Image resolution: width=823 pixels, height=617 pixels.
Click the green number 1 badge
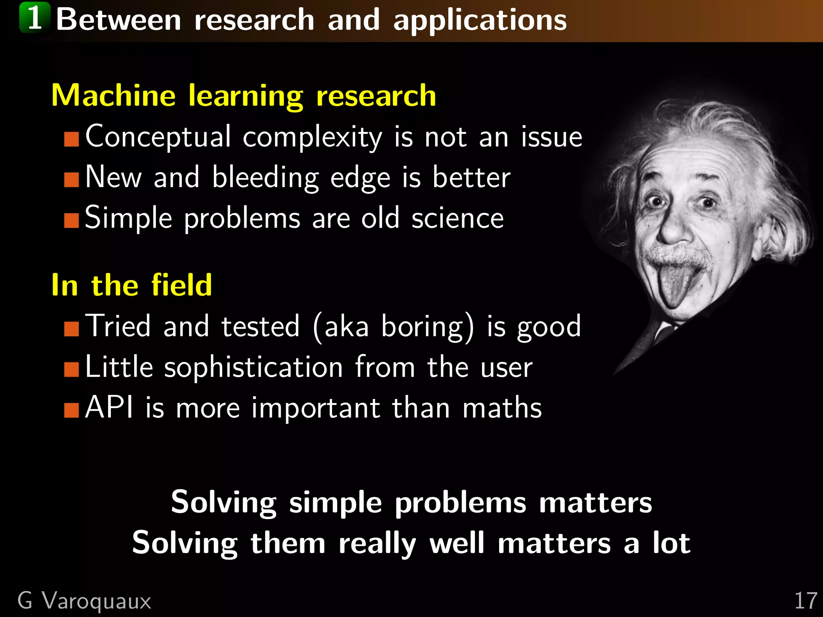click(x=35, y=18)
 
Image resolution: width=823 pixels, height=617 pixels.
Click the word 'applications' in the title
click(x=480, y=20)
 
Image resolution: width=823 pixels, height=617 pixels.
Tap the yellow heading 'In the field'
click(x=131, y=285)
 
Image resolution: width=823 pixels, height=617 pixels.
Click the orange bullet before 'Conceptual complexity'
click(x=72, y=139)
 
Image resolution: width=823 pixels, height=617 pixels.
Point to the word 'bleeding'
click(x=265, y=178)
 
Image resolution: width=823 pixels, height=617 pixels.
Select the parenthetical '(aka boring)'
click(x=393, y=327)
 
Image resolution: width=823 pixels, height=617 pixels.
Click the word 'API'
click(x=109, y=407)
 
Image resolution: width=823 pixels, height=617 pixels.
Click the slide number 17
click(x=805, y=601)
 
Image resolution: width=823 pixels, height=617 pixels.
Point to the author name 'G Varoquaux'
click(x=84, y=601)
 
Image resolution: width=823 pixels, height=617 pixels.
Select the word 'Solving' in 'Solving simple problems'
click(x=223, y=503)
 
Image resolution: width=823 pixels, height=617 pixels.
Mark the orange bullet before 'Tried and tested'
click(x=72, y=329)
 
